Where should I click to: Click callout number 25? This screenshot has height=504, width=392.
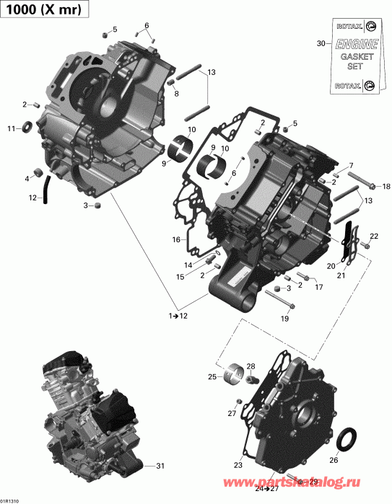click(212, 376)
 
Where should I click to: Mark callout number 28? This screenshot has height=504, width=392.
click(251, 367)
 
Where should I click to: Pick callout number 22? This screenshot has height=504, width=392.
click(374, 236)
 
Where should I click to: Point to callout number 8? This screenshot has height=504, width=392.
click(177, 94)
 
